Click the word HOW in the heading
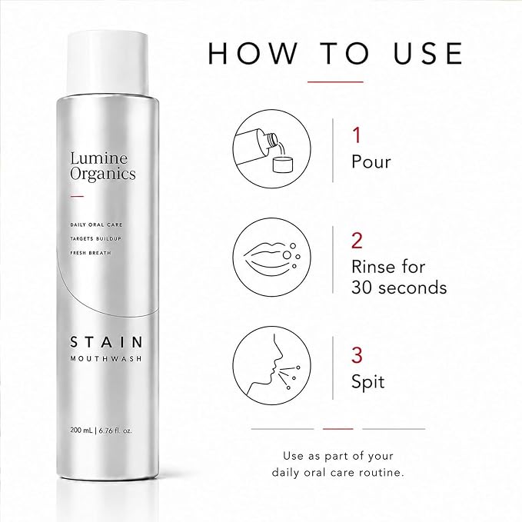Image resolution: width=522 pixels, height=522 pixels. pyautogui.click(x=252, y=53)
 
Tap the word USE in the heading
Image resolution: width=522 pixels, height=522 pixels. pyautogui.click(x=428, y=53)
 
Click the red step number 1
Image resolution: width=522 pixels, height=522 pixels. pyautogui.click(x=357, y=135)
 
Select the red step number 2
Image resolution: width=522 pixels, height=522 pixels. pyautogui.click(x=357, y=241)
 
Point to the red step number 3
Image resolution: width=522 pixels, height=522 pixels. pyautogui.click(x=357, y=355)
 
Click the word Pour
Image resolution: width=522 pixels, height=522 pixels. pyautogui.click(x=371, y=161)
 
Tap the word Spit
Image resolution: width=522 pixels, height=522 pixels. pyautogui.click(x=368, y=382)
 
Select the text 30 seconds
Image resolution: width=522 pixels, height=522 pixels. pyautogui.click(x=399, y=288)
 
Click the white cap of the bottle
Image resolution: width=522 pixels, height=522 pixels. pyautogui.click(x=108, y=62)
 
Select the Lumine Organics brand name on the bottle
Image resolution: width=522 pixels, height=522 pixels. pyautogui.click(x=103, y=166)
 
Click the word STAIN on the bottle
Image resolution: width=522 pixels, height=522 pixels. pyautogui.click(x=107, y=342)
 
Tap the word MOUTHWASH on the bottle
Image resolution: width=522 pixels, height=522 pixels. pyautogui.click(x=106, y=358)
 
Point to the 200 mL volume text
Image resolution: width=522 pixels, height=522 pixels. pyautogui.click(x=81, y=431)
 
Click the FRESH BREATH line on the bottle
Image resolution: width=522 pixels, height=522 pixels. pyautogui.click(x=91, y=253)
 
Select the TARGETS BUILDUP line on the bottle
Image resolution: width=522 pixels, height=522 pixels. pyautogui.click(x=96, y=238)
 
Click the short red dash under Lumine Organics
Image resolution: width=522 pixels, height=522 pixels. pyautogui.click(x=77, y=196)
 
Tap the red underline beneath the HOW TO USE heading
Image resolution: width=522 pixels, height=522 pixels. pyautogui.click(x=335, y=81)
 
